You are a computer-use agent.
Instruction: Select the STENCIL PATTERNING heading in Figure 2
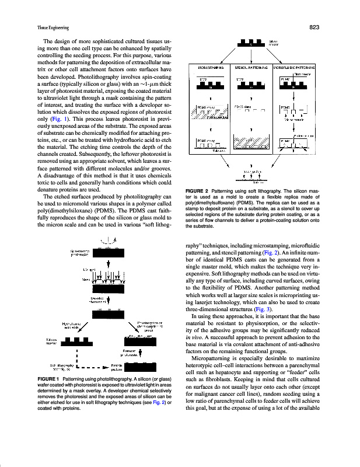[251, 67]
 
